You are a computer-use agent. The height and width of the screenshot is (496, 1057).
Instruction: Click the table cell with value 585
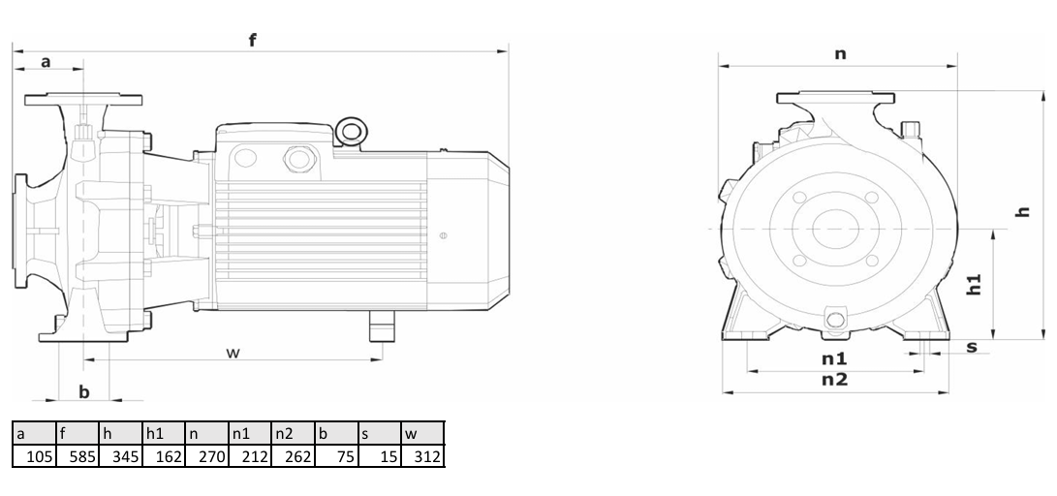coord(78,456)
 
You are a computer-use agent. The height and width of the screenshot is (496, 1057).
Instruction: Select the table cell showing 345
coord(121,456)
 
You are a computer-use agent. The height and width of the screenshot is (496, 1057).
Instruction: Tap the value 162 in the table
coord(164,456)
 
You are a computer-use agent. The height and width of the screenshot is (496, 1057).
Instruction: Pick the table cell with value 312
coord(422,456)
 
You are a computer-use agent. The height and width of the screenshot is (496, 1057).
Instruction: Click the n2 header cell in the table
coord(294,433)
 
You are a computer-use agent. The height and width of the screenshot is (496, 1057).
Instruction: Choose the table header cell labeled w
coord(422,433)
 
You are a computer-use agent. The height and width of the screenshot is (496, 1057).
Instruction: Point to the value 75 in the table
coord(336,456)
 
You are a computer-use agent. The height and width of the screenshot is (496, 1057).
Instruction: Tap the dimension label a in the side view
coord(46,62)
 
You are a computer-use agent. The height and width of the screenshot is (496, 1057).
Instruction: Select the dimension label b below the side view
coord(84,391)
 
